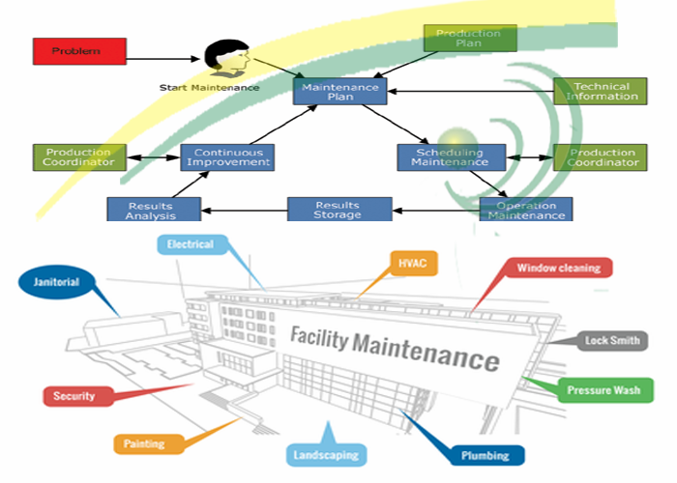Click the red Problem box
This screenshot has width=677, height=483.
coord(79,50)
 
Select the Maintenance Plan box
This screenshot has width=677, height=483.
coord(339,92)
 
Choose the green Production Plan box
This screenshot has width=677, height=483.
coord(470,38)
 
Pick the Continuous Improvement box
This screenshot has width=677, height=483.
coord(228,157)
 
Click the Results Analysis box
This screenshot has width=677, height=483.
coord(153,210)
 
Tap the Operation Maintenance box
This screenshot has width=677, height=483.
coord(525,210)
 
